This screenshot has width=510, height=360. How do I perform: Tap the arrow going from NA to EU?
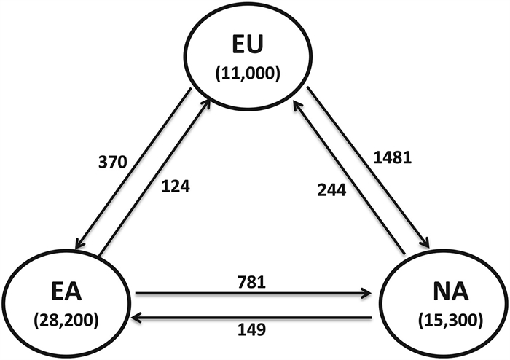point(350,179)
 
